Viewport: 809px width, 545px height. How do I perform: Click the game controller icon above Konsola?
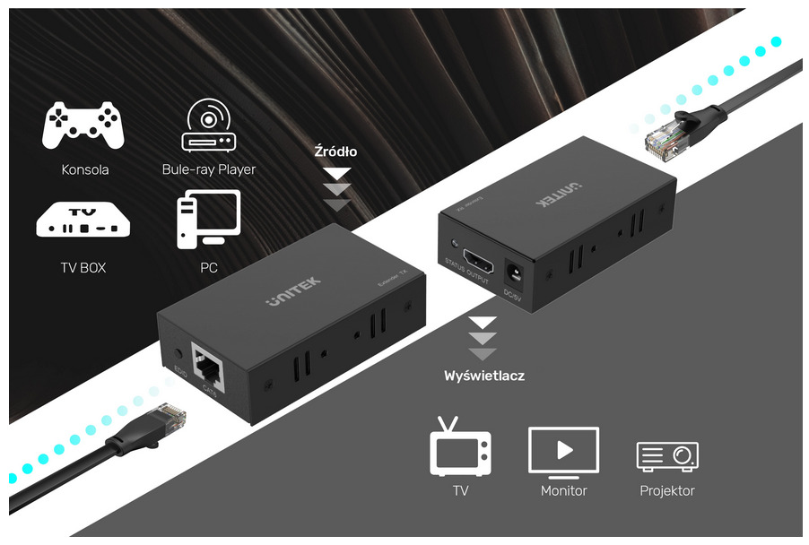pos(83,125)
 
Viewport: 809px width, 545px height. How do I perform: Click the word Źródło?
pos(335,151)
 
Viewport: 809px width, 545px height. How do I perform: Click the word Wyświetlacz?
pos(484,376)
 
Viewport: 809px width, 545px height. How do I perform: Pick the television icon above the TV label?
pos(461,446)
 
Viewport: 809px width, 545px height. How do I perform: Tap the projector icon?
pos(667,455)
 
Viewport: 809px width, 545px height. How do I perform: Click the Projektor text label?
pos(667,490)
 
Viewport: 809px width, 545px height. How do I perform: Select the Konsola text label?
pos(85,169)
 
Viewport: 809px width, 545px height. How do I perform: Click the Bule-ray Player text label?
pos(209,169)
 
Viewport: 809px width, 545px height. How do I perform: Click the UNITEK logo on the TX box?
pos(292,293)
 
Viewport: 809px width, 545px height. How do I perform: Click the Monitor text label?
pos(563,490)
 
